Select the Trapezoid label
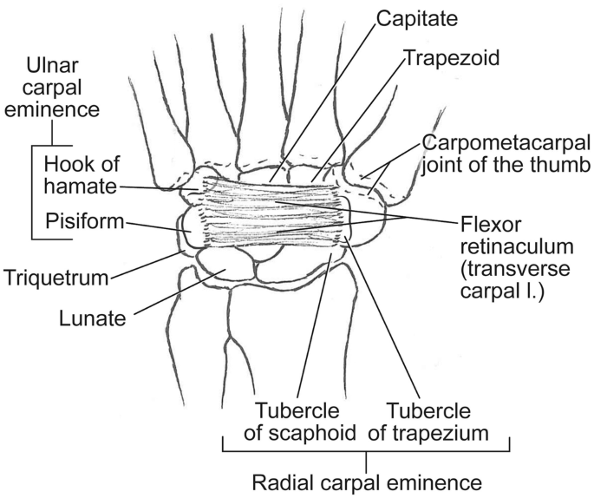(443, 58)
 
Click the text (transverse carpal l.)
(506, 270)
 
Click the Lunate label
(93, 318)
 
